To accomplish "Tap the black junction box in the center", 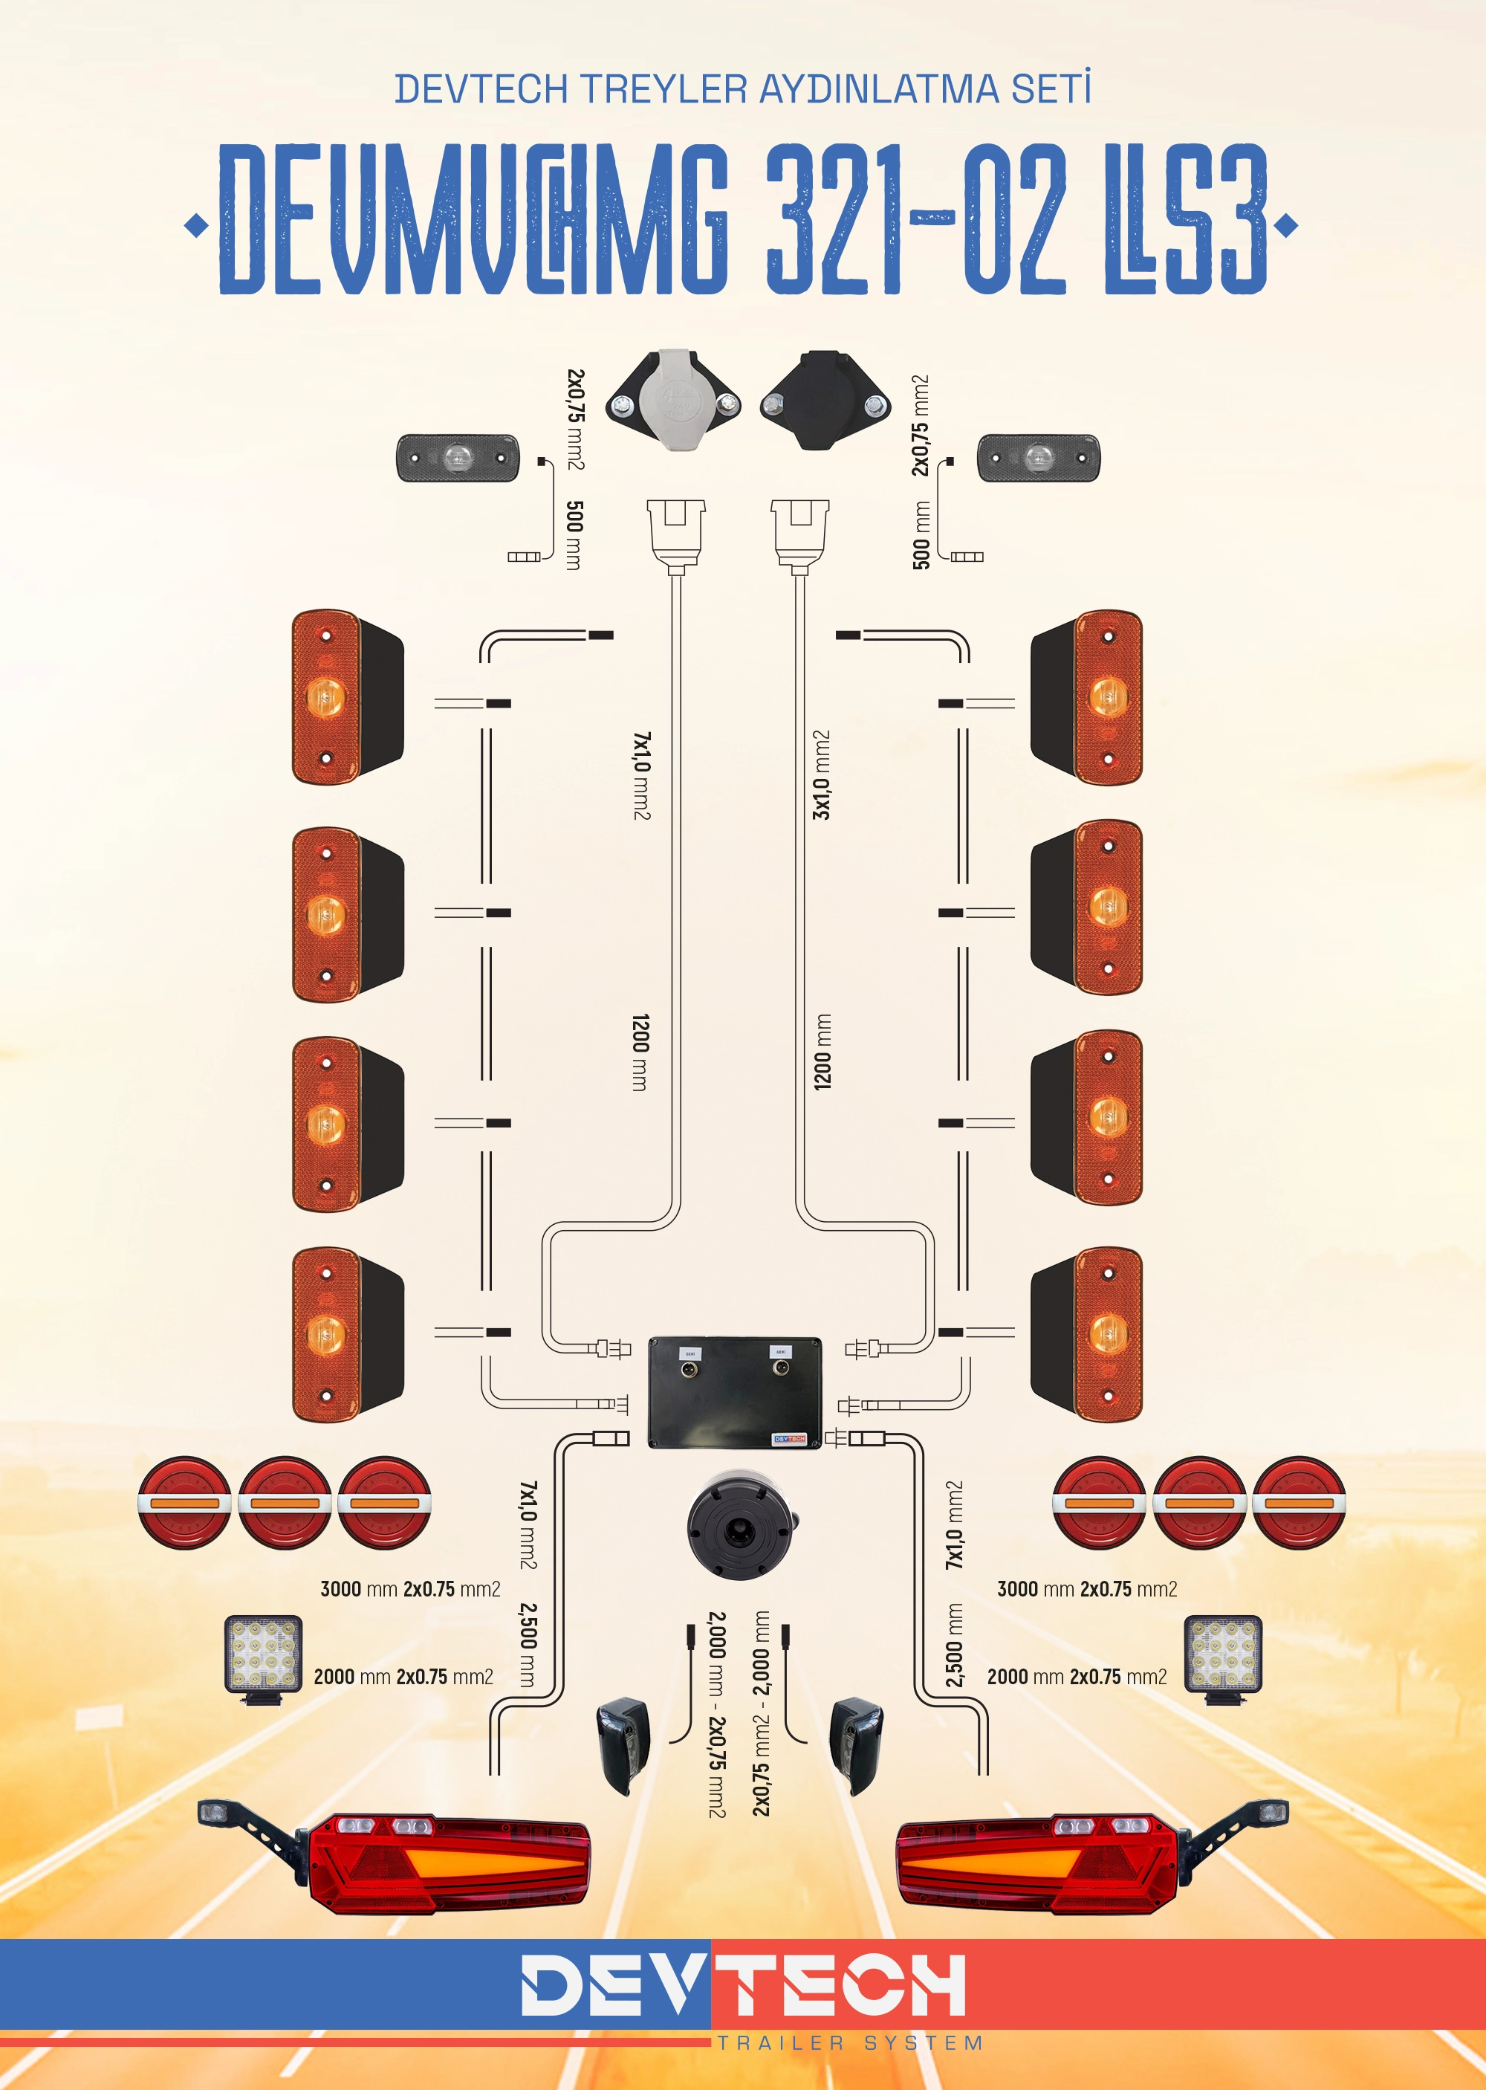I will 735,1392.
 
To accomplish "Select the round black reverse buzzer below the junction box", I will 739,1524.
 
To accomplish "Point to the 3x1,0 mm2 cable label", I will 822,774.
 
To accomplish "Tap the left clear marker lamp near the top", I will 458,458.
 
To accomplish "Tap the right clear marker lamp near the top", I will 1039,458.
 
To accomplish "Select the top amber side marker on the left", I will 346,696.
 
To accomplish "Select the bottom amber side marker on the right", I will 1087,1334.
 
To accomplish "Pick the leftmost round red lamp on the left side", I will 185,1503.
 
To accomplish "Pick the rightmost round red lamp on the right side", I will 1299,1503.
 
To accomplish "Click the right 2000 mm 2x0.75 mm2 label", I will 1077,1677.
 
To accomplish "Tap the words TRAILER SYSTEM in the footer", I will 849,2042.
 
